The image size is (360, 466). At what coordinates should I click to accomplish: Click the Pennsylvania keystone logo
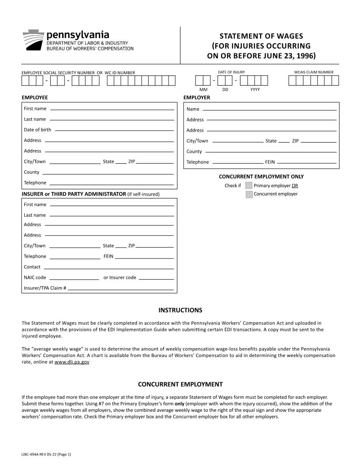34,40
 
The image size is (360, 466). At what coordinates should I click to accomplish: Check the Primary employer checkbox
249,185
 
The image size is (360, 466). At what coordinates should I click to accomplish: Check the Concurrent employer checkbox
249,194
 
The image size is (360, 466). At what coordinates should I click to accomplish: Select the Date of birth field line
114,131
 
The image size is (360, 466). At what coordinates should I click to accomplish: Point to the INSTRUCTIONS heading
180,310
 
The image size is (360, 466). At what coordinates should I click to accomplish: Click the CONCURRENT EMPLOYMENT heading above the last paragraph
180,384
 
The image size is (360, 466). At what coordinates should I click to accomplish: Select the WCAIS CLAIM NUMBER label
314,72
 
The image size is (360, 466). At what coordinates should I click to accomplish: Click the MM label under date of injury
203,90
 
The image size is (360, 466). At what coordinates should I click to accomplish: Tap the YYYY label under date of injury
255,90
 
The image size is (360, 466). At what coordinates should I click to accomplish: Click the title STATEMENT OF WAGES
261,36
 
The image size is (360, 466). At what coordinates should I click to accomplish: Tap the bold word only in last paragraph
179,404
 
